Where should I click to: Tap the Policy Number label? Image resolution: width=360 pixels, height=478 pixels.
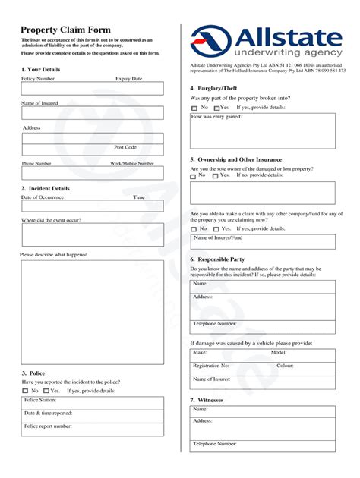[x=38, y=78]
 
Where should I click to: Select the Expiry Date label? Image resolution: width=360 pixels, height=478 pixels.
[x=128, y=78]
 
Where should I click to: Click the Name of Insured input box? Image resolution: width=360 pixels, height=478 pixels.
[x=92, y=113]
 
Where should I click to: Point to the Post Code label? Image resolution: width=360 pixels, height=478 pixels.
[x=125, y=147]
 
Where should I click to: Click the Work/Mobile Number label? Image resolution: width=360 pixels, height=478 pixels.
[x=131, y=163]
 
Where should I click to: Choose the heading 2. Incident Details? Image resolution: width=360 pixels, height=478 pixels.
[x=45, y=188]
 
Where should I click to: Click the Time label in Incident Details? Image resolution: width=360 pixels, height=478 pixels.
[x=139, y=197]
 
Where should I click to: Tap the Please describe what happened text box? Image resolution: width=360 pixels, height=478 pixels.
[x=92, y=312]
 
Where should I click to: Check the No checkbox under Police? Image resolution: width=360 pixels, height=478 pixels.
[x=26, y=391]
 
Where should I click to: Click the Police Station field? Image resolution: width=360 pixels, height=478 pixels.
[x=92, y=403]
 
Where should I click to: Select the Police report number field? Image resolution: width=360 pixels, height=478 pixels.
[x=92, y=429]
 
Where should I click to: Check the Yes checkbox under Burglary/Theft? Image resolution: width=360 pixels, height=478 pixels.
[x=216, y=108]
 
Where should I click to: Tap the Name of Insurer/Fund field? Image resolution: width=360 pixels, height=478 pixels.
[x=262, y=241]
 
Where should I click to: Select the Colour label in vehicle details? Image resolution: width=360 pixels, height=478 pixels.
[x=285, y=365]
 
